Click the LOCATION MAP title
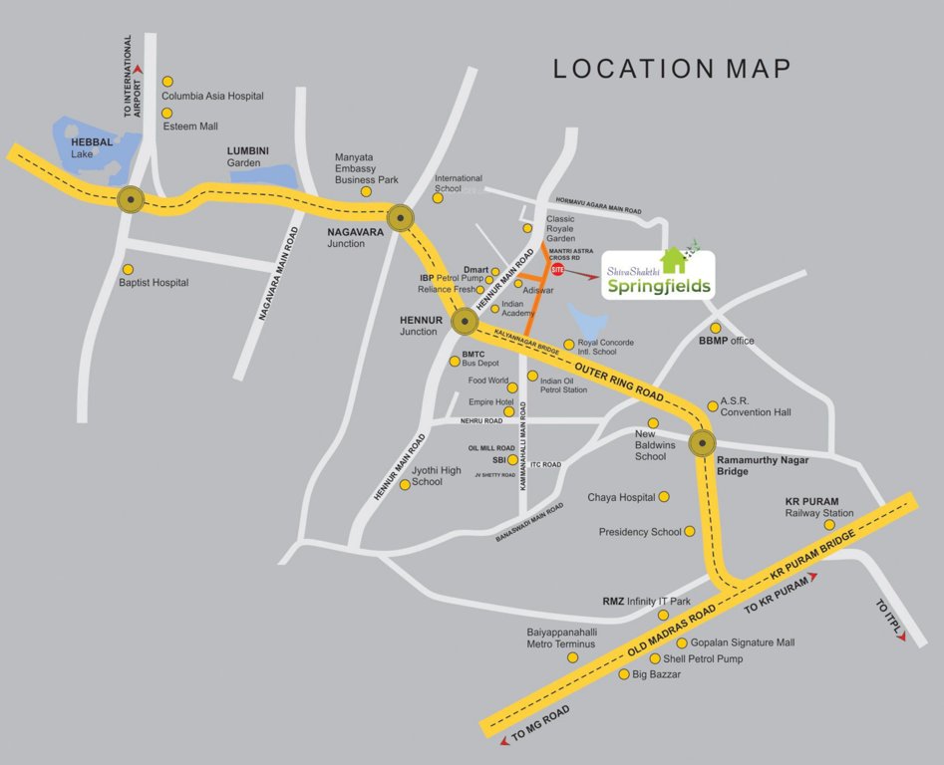point(672,69)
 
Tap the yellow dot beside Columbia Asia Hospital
point(167,82)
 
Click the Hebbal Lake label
point(92,148)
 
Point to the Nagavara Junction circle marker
point(401,217)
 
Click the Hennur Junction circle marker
point(465,321)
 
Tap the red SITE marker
point(558,270)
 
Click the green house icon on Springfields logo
point(675,260)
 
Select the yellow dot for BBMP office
point(715,328)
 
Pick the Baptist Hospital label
point(154,283)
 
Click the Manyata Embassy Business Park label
point(366,168)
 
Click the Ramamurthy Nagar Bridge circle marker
point(705,443)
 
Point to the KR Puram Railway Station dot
point(829,525)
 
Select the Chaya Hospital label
point(621,497)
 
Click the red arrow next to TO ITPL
point(902,637)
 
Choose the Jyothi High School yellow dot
point(405,484)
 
